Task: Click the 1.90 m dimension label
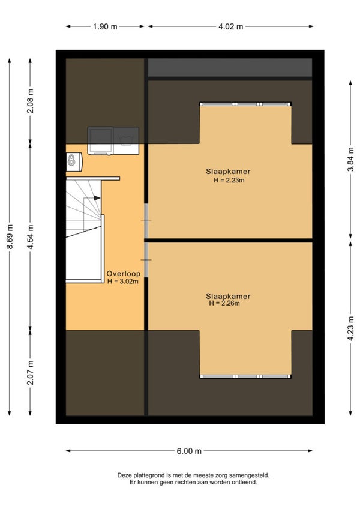click(x=105, y=26)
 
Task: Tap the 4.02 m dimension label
click(x=230, y=26)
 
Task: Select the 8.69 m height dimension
click(x=10, y=237)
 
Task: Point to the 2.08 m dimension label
click(x=30, y=101)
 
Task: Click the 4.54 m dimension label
click(x=30, y=237)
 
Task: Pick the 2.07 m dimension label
click(x=30, y=373)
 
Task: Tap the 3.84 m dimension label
click(x=350, y=160)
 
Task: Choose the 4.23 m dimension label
click(x=350, y=328)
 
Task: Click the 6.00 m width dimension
click(x=189, y=451)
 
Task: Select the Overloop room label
click(x=124, y=273)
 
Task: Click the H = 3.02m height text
click(x=123, y=282)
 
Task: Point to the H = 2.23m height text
click(x=229, y=181)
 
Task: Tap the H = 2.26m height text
click(x=224, y=303)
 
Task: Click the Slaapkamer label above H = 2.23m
click(x=228, y=172)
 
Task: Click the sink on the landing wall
click(x=74, y=161)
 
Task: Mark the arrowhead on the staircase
click(x=97, y=198)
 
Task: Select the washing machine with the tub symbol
click(x=126, y=140)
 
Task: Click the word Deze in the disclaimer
click(x=124, y=475)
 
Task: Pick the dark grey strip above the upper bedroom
click(x=230, y=67)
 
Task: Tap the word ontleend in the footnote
click(x=244, y=483)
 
